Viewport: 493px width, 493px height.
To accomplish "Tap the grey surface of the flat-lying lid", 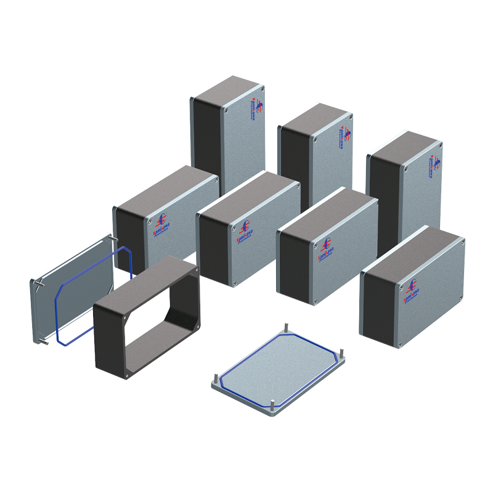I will click(x=277, y=370).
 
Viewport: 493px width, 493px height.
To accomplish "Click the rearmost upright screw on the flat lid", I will click(x=287, y=327).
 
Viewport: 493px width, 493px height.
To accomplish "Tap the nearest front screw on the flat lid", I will click(x=272, y=405).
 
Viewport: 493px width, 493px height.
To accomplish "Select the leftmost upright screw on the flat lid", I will click(x=214, y=377).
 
